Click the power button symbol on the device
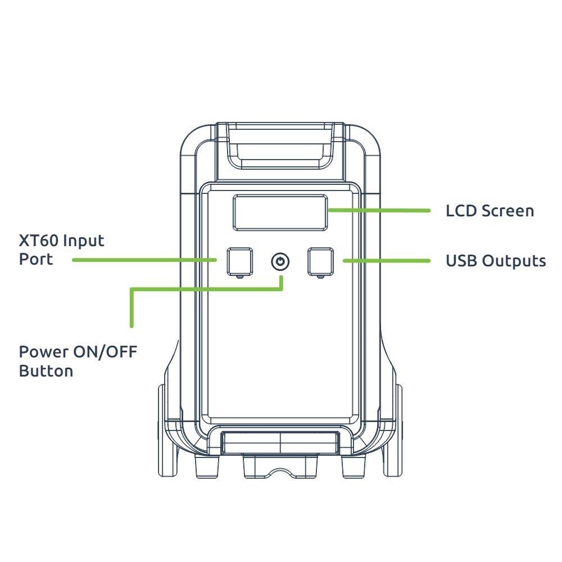tap(280, 262)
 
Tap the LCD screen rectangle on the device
tap(280, 212)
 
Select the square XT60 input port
tap(240, 262)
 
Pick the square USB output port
tap(321, 262)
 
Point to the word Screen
tap(507, 211)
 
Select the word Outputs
tap(514, 261)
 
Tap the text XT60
tap(38, 241)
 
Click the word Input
tap(84, 241)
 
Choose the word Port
tap(36, 259)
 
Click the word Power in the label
tap(43, 352)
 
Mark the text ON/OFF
tap(106, 352)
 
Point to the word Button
tap(46, 371)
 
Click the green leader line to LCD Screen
tap(379, 210)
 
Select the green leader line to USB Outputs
tap(387, 261)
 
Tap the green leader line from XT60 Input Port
tap(144, 260)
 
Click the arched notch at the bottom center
tap(280, 472)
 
